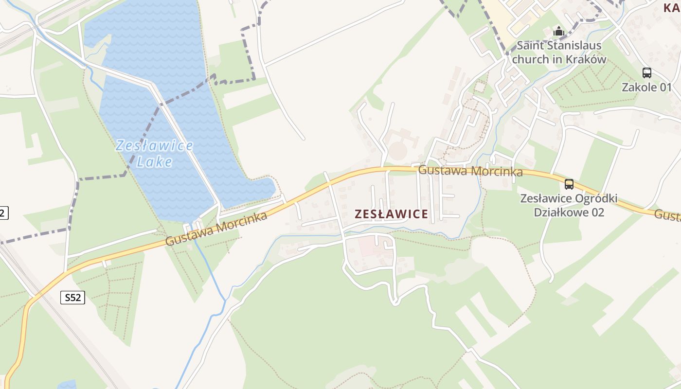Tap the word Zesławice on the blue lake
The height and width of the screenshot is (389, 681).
tap(155, 145)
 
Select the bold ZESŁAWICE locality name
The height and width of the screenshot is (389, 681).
tap(392, 214)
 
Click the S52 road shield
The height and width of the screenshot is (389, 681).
tap(72, 298)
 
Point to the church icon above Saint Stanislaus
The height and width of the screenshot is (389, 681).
tap(559, 32)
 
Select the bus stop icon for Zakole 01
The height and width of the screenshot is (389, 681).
tap(646, 73)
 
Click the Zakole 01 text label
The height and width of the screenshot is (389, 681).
tap(646, 88)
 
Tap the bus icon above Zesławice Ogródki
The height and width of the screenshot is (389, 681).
tap(569, 184)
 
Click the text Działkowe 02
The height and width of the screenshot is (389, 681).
tap(569, 212)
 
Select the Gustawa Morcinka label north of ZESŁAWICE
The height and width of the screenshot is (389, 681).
tap(470, 171)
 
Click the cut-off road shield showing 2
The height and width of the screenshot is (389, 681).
tap(3, 212)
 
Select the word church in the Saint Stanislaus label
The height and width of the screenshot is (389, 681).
tap(531, 59)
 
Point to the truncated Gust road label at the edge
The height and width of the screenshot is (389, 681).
tap(667, 215)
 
